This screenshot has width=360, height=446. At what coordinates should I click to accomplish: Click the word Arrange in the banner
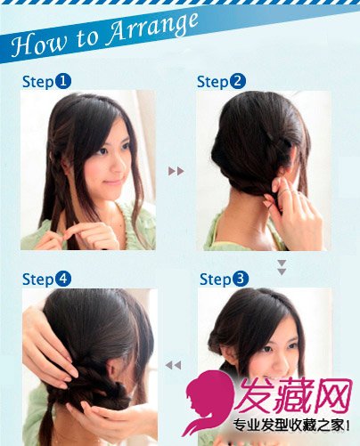coord(152,29)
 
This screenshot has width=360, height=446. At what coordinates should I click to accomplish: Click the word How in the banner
coord(37,44)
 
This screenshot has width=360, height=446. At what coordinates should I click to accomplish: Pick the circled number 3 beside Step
coord(241,279)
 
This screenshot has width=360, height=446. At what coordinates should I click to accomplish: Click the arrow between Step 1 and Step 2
coord(176,171)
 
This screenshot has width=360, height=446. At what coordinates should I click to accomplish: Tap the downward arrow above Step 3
coord(282,268)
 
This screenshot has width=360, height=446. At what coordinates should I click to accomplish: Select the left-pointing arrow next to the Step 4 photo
coord(173,365)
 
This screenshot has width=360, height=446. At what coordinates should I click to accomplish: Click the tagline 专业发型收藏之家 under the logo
coord(288,426)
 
